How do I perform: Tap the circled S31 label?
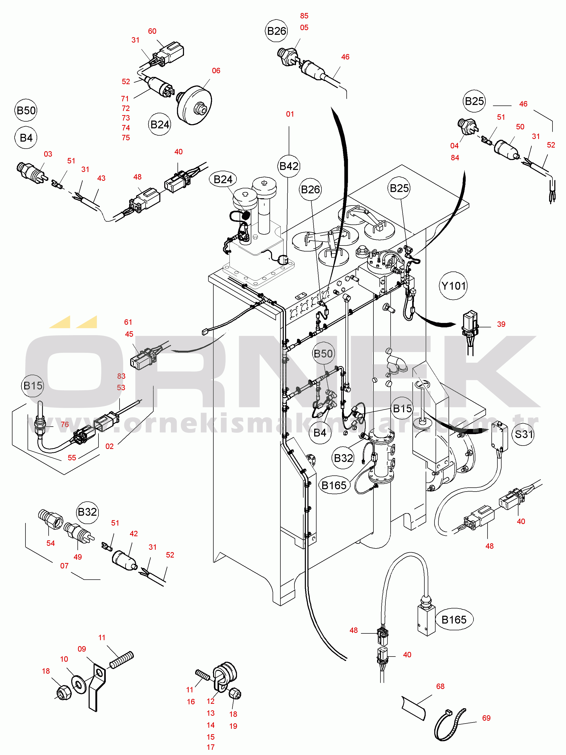524,434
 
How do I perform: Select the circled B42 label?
289,166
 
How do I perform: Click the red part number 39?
501,324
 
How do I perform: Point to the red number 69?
486,718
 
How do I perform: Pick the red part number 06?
216,71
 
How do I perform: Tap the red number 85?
304,16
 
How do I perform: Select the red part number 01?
290,114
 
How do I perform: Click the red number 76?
64,424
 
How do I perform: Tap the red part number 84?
455,158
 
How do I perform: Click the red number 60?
152,31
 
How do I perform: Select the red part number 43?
101,178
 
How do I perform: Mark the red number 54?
50,543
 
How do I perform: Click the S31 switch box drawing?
499,436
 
